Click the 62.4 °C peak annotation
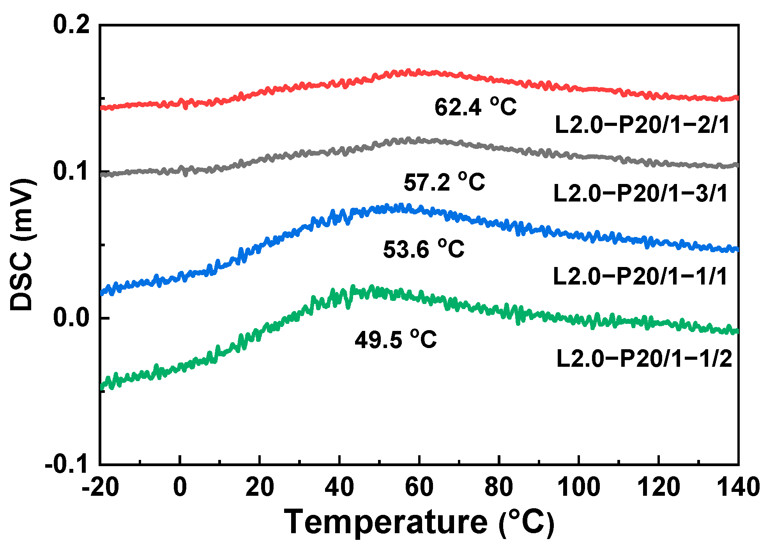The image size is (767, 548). click(475, 107)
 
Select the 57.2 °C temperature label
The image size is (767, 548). click(444, 182)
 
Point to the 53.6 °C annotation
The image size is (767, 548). click(424, 249)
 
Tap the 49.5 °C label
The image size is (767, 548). click(396, 339)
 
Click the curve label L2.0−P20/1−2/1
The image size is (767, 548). click(642, 125)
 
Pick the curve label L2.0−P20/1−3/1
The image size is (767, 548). click(641, 193)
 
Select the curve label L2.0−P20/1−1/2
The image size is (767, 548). click(644, 359)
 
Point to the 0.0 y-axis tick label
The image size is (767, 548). click(71, 318)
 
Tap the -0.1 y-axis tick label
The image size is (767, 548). click(67, 464)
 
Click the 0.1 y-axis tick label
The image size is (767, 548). click(71, 171)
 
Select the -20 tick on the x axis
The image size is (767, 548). click(100, 487)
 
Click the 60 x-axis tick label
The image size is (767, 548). click(419, 487)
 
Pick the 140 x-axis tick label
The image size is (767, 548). click(738, 487)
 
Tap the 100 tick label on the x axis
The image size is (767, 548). click(579, 487)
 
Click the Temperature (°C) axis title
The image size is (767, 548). click(419, 522)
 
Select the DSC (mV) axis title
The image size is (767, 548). click(22, 245)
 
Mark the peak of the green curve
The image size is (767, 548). click(353, 288)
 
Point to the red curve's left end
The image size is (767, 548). click(102, 107)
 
